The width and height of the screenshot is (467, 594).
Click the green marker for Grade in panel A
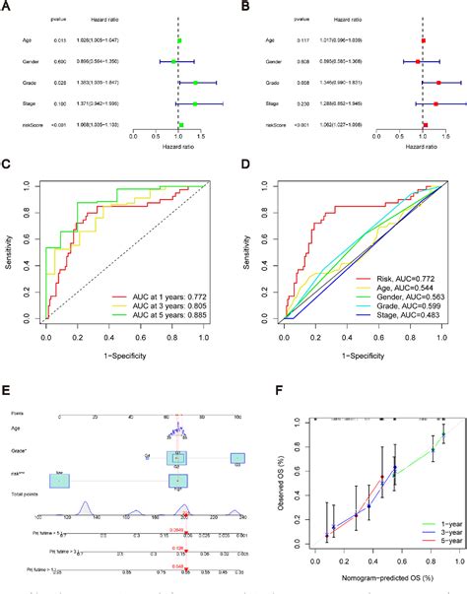[195, 83]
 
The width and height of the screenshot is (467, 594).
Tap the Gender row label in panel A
[30, 61]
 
